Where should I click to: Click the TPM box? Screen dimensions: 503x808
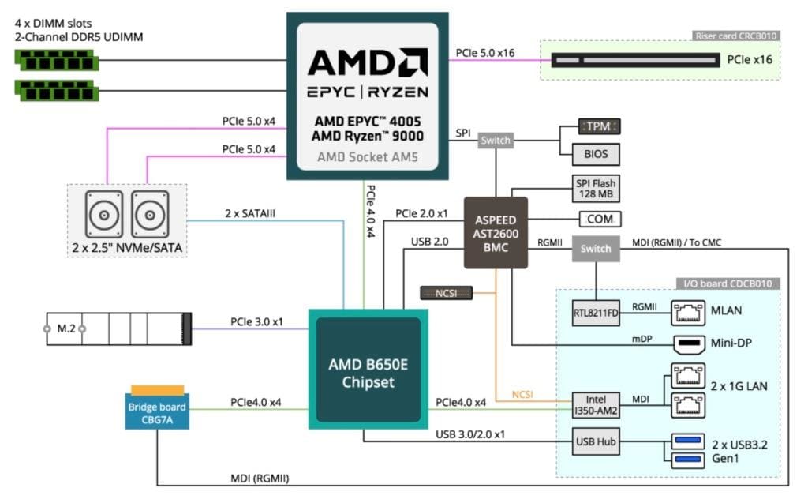tap(599, 126)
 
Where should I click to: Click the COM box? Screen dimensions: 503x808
tap(599, 219)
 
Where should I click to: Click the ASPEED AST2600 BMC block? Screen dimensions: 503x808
tap(495, 231)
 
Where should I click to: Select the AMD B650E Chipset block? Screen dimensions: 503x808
tap(368, 370)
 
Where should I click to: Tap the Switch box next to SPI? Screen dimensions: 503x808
tap(496, 141)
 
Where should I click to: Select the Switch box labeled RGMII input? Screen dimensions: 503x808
tap(595, 248)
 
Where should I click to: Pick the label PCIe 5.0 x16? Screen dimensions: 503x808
tap(485, 53)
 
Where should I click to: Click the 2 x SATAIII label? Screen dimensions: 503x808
tap(249, 214)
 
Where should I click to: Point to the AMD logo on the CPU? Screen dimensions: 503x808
tap(367, 62)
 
